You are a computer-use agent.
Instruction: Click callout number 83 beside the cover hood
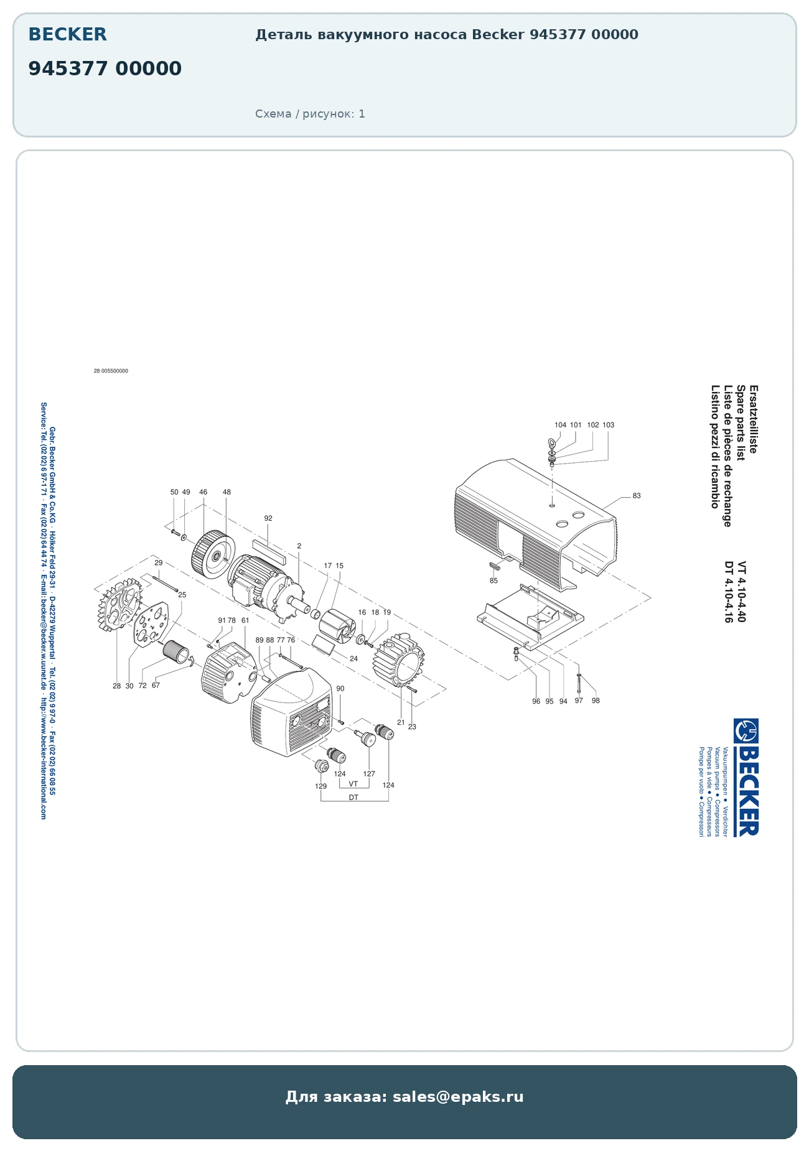pyautogui.click(x=636, y=496)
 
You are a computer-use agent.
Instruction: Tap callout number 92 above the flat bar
pyautogui.click(x=268, y=518)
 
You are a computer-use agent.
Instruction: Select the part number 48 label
pyautogui.click(x=227, y=492)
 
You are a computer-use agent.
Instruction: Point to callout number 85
pyautogui.click(x=493, y=581)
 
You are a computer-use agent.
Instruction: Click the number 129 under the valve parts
pyautogui.click(x=320, y=786)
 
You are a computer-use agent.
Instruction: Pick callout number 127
pyautogui.click(x=369, y=774)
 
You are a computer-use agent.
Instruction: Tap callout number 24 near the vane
pyautogui.click(x=353, y=658)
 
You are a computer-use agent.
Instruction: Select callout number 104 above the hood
pyautogui.click(x=560, y=425)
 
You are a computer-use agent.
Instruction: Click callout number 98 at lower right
pyautogui.click(x=596, y=701)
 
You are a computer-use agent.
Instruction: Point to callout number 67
pyautogui.click(x=156, y=685)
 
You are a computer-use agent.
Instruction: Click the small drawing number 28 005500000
pyautogui.click(x=111, y=371)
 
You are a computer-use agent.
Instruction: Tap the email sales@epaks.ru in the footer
pyautogui.click(x=458, y=1097)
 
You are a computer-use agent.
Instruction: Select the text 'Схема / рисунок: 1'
pyautogui.click(x=310, y=114)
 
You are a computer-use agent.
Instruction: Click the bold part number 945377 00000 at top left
pyautogui.click(x=105, y=68)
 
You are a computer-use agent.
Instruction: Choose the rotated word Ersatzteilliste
pyautogui.click(x=753, y=419)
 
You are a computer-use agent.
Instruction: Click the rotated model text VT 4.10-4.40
pyautogui.click(x=741, y=592)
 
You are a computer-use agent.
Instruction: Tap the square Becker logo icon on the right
pyautogui.click(x=746, y=731)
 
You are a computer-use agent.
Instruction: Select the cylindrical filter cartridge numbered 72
pyautogui.click(x=175, y=651)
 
